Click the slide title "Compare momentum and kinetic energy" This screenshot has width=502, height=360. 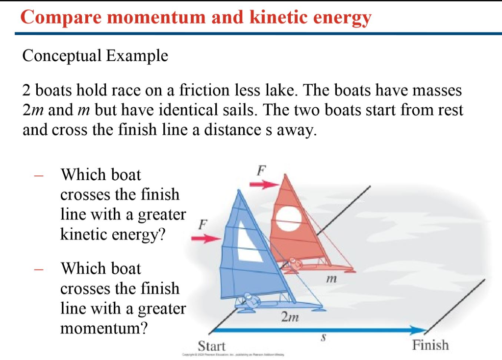(x=196, y=18)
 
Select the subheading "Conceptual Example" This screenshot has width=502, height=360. (x=95, y=56)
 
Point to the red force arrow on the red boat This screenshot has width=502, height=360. (x=264, y=185)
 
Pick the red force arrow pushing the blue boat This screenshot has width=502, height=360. (x=204, y=239)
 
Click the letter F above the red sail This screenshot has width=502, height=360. (x=261, y=171)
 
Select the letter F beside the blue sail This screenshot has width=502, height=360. (x=202, y=225)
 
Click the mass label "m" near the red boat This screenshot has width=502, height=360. (x=332, y=280)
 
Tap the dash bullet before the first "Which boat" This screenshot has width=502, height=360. (x=40, y=175)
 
